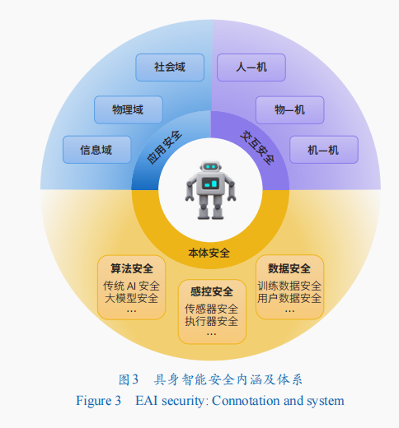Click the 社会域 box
coord(170,67)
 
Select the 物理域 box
coord(129,109)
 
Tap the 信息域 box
coord(96,150)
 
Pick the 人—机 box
coord(251,67)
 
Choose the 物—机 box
coord(290,109)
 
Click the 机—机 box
coord(324,150)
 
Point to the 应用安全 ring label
coord(164,147)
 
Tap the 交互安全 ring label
coord(258,147)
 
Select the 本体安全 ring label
coord(209,253)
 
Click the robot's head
coord(211,167)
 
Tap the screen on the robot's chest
coord(211,184)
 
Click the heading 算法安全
coord(132,268)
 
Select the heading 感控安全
coord(212,291)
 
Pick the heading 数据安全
coord(289,268)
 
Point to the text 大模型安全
coord(131,298)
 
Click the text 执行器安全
coord(212,321)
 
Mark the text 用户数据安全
coord(289,298)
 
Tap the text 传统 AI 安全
coord(131,286)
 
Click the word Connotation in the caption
coord(246,401)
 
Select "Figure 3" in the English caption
coord(98,401)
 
